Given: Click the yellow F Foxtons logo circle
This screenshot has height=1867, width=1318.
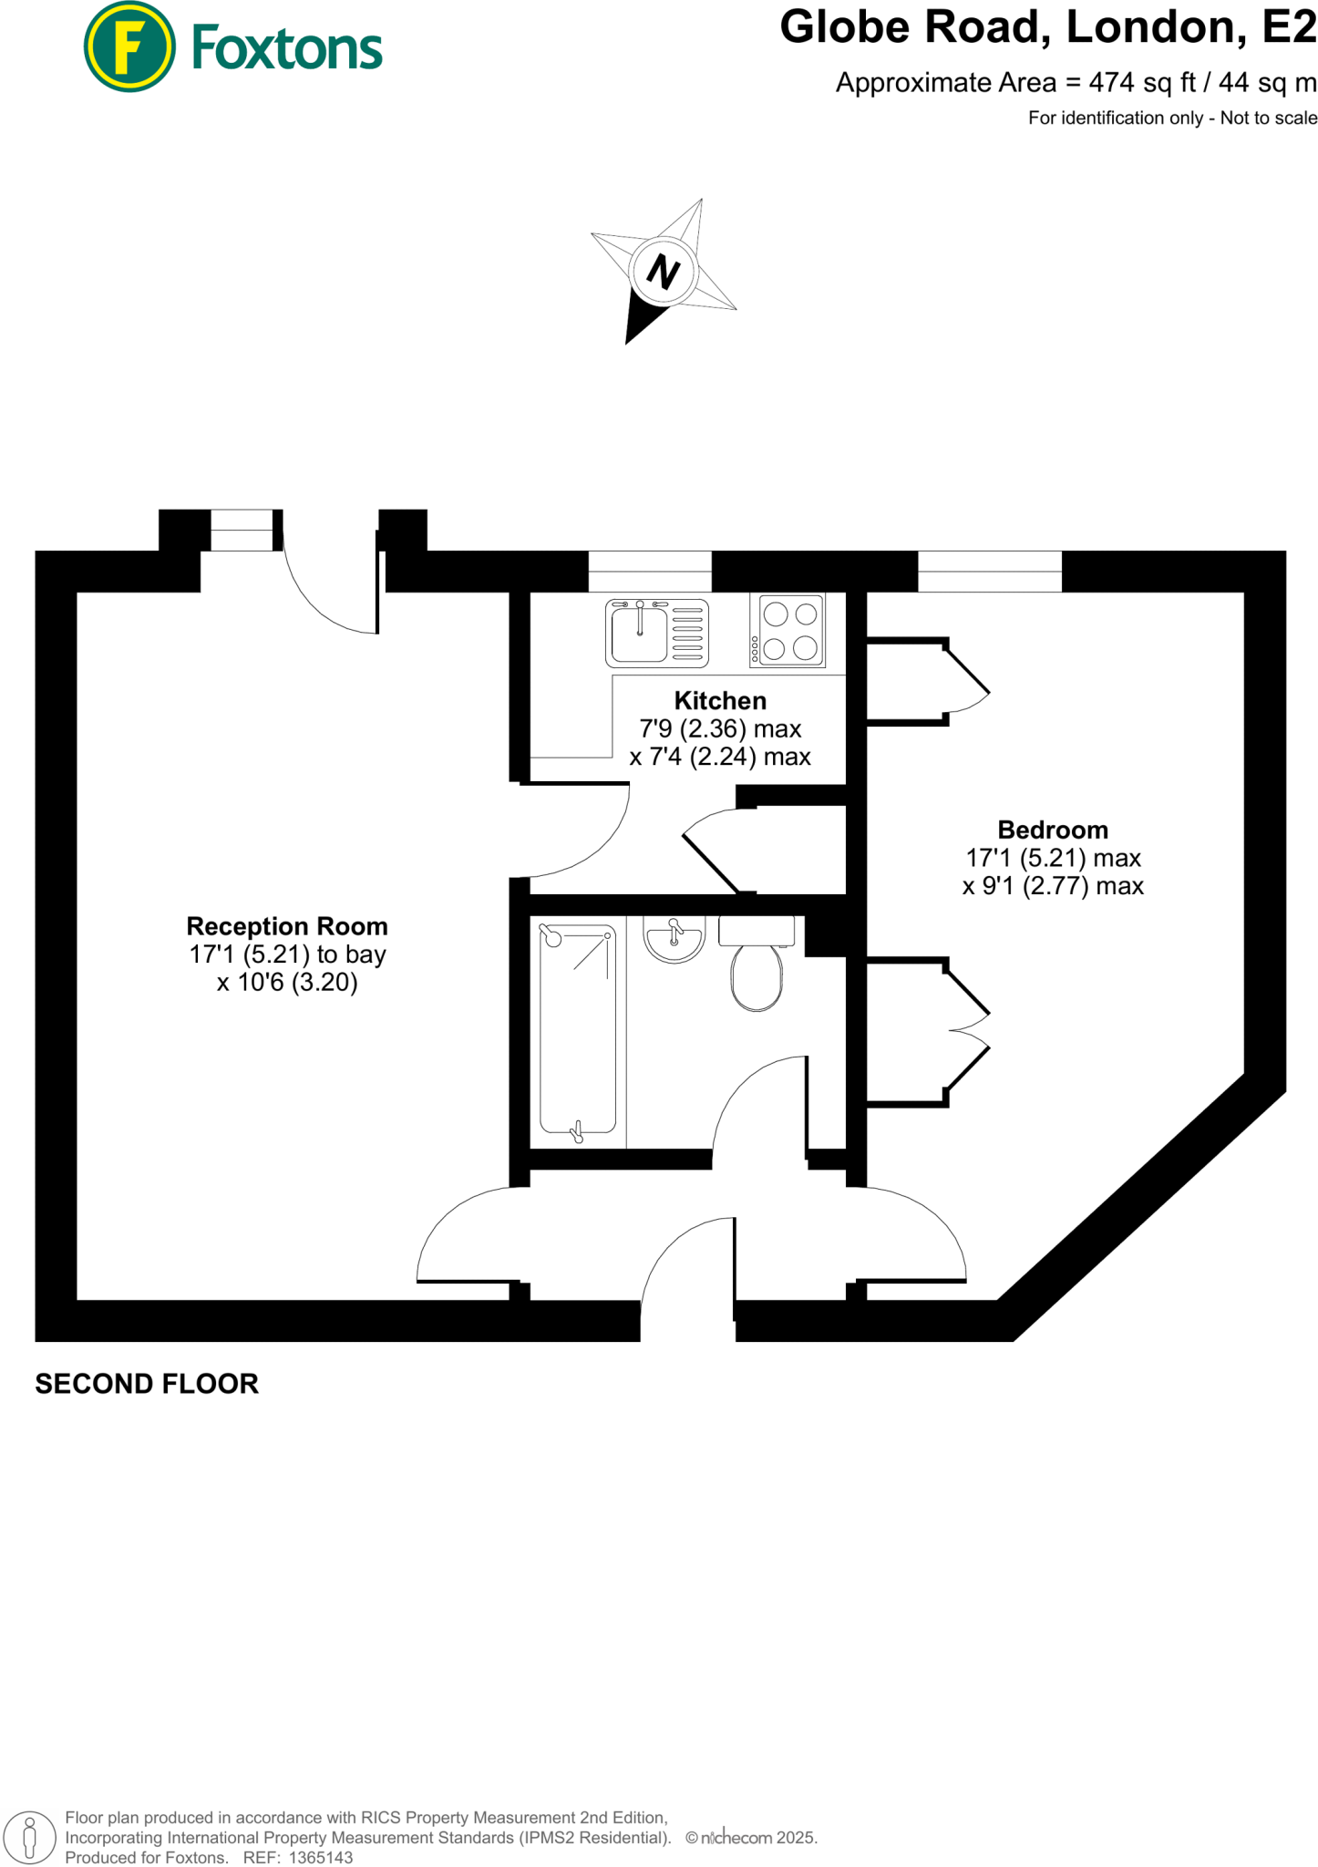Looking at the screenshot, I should click(x=129, y=47).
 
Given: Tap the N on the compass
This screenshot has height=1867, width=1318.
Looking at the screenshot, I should click(x=664, y=272).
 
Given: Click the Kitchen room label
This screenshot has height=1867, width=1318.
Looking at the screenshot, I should click(x=720, y=700).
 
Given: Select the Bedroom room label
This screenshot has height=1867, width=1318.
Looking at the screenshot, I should click(x=1053, y=830).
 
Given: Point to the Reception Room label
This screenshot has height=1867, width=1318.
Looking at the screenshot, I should click(x=287, y=926).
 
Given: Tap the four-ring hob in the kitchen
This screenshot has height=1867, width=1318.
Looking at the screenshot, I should click(x=789, y=630).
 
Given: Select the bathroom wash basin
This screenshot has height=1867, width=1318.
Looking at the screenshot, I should click(x=674, y=939).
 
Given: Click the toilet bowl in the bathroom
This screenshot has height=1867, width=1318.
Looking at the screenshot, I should click(x=757, y=977).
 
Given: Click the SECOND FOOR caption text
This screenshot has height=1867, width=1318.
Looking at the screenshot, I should click(x=147, y=1384).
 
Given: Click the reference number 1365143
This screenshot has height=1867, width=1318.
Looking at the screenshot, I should click(x=321, y=1858).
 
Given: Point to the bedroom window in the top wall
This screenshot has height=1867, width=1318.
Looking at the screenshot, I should click(x=990, y=572).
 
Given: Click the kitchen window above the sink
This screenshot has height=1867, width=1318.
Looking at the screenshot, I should click(x=650, y=572).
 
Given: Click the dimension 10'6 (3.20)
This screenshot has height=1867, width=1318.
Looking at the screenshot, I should click(x=287, y=983).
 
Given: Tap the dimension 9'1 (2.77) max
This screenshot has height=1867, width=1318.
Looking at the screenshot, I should click(x=1053, y=886).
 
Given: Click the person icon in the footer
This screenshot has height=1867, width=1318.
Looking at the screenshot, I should click(x=29, y=1838).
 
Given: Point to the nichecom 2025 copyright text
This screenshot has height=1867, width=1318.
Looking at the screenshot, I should click(x=753, y=1838).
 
